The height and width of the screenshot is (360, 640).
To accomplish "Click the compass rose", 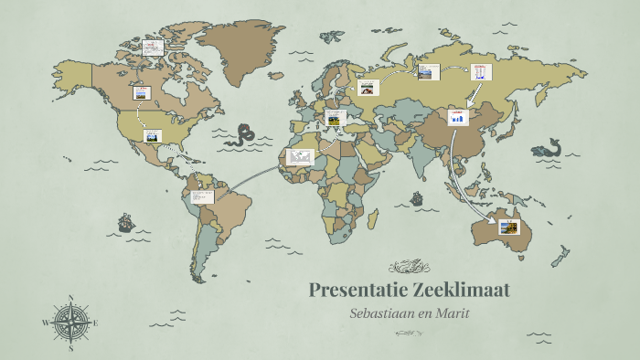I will click(70, 323).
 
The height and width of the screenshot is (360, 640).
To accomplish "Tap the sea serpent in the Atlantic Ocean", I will click(243, 135).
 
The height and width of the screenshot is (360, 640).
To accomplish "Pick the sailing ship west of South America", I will click(125, 222).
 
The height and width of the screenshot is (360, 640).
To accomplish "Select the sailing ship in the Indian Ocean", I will click(417, 197).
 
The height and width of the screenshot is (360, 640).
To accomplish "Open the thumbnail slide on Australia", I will click(509, 227).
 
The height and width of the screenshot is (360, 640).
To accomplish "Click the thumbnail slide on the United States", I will click(152, 136).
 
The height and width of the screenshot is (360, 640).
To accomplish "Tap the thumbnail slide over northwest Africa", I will click(300, 157).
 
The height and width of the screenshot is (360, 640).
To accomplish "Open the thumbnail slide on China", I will click(457, 116).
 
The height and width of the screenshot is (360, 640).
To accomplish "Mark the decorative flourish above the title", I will click(409, 267).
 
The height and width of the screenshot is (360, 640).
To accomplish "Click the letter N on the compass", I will click(70, 298).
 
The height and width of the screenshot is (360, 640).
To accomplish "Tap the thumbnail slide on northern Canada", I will click(152, 48).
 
